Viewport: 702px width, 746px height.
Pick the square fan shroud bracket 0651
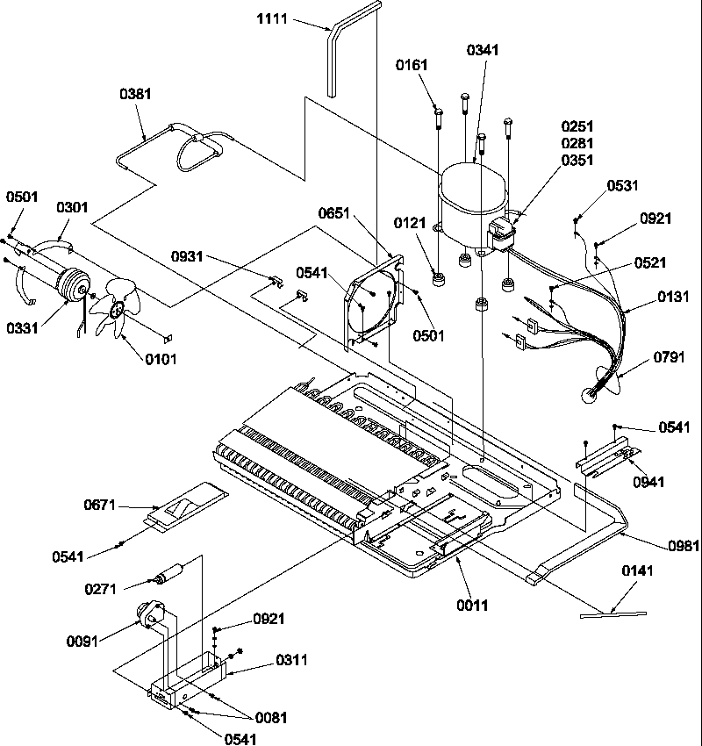375,303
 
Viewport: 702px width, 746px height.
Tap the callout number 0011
470,605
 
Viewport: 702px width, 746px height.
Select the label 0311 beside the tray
291,660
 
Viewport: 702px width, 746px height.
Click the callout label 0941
647,482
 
